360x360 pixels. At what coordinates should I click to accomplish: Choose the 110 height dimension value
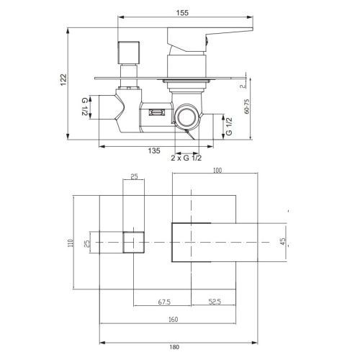point(71,244)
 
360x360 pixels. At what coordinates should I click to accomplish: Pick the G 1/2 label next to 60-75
point(230,128)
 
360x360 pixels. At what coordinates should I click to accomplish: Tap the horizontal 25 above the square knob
point(134,176)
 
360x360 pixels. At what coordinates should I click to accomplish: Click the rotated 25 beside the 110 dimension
point(87,243)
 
